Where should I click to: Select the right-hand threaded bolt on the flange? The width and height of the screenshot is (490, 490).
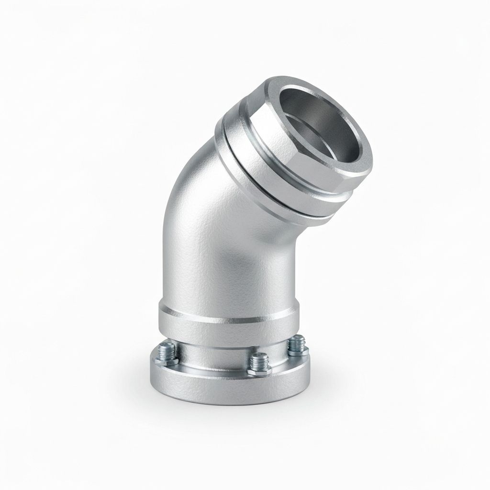click(x=298, y=342)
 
